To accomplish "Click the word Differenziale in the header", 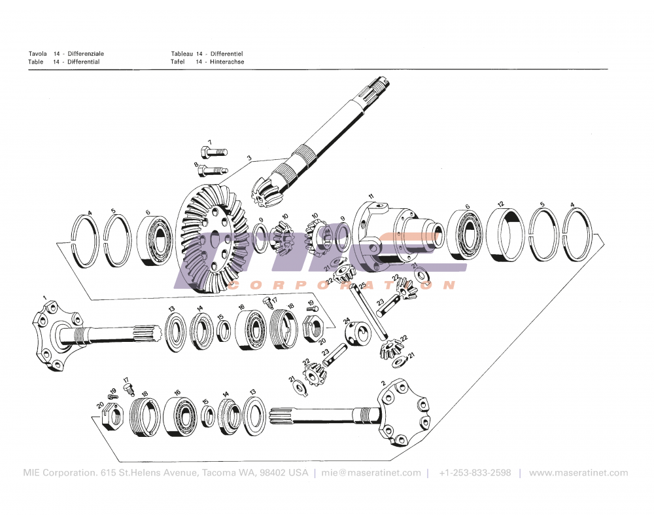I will coord(86,53).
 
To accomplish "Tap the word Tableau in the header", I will coord(182,53).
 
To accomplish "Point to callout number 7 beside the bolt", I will coord(210,142).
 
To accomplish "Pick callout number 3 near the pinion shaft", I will coord(249,158).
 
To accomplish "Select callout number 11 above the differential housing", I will coord(371,196).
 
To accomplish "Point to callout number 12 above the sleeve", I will coord(500,204).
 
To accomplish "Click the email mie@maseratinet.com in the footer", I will coord(371,473).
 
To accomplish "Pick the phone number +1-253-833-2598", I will coord(475,473).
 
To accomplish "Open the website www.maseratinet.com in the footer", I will coord(578,473).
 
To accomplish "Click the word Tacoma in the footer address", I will coord(219,473).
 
